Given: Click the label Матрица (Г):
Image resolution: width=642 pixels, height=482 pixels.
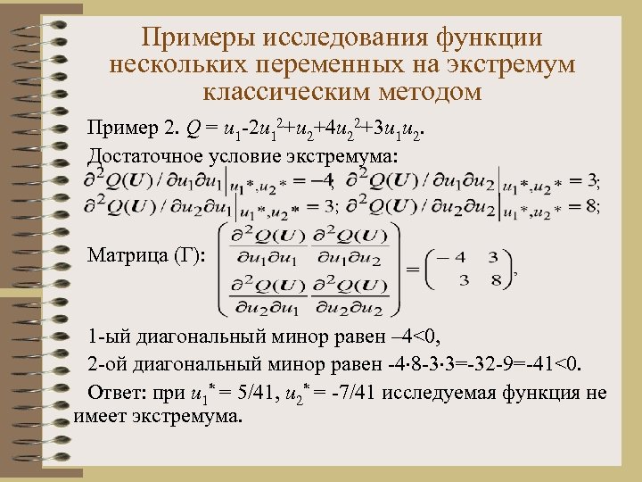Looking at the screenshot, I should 146,257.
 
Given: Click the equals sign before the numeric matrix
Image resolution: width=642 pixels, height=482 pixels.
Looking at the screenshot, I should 414,269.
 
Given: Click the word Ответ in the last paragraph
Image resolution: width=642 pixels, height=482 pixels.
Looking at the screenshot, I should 111,393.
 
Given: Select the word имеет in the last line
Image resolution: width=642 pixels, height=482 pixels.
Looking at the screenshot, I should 98,415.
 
